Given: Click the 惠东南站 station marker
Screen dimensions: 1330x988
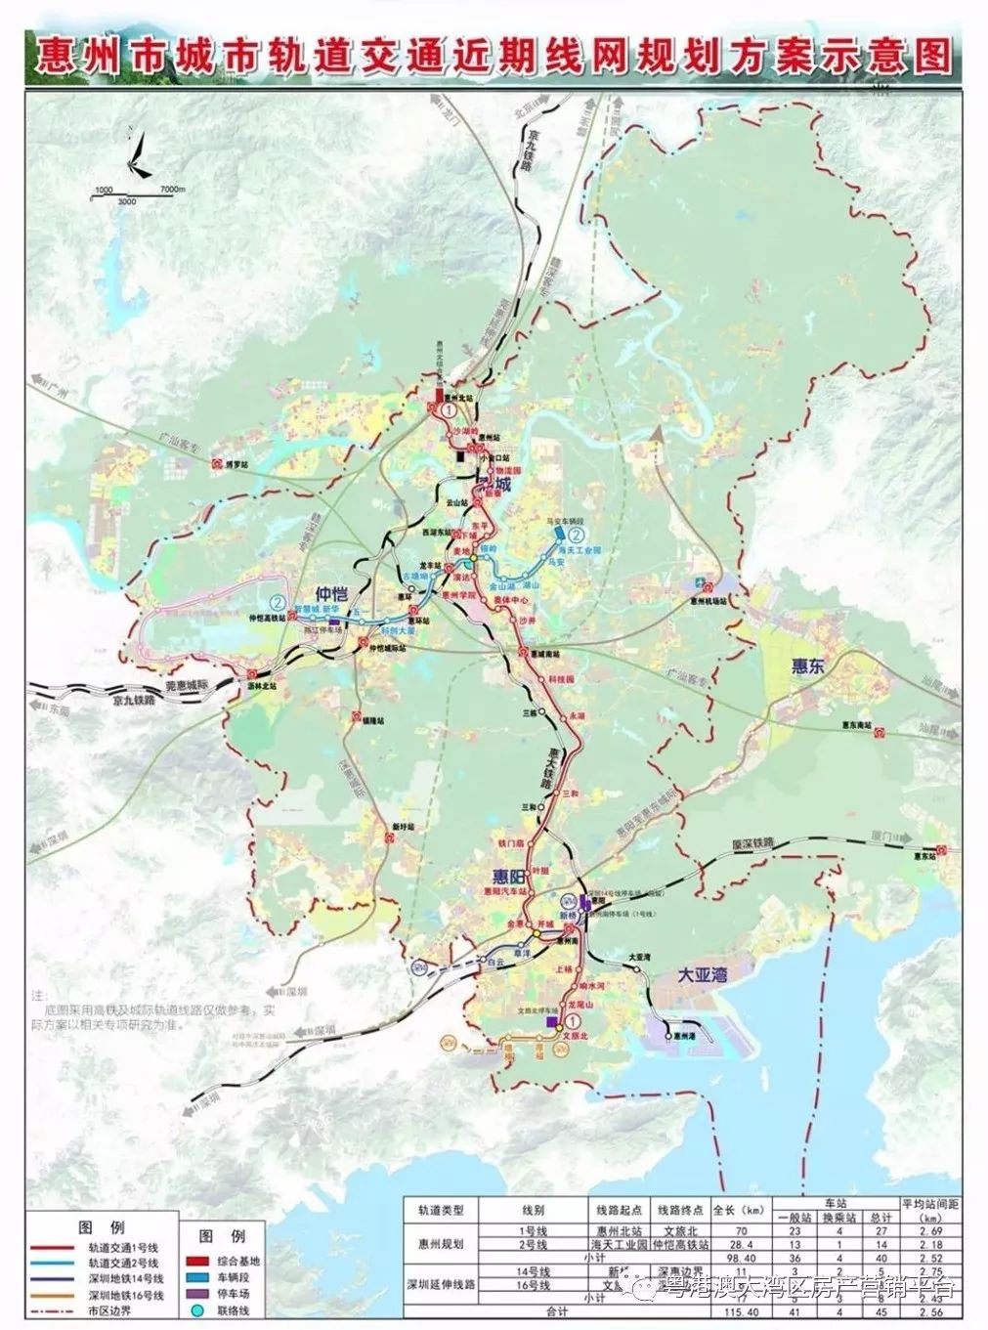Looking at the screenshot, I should [x=881, y=729].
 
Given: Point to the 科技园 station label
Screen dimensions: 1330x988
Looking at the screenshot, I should [x=560, y=678].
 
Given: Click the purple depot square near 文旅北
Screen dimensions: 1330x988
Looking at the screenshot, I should [x=553, y=1021].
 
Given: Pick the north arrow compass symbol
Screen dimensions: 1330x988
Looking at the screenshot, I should [x=139, y=156].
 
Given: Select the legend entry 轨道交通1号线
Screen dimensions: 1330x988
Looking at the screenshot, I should [x=122, y=1248].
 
